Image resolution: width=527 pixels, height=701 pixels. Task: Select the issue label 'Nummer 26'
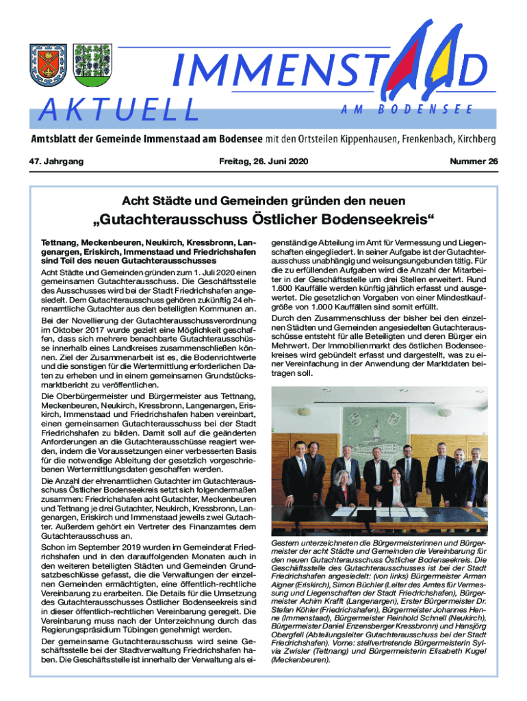[x=474, y=162]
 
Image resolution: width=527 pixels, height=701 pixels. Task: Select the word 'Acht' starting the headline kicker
[x=134, y=201]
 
